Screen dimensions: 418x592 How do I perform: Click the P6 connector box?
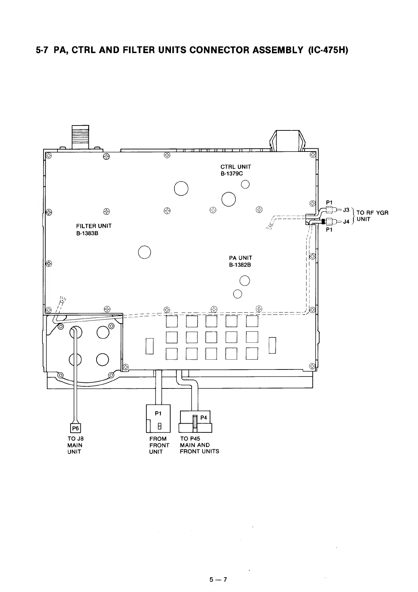point(75,428)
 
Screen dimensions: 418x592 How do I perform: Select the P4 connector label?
point(204,418)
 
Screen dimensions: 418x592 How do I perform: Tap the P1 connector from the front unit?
point(158,418)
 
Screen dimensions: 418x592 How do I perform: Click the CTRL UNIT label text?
point(235,167)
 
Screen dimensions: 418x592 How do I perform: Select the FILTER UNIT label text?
point(94,226)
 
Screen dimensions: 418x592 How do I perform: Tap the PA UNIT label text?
point(240,258)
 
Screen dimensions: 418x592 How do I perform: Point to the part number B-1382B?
point(240,265)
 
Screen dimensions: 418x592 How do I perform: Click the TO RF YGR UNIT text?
point(372,216)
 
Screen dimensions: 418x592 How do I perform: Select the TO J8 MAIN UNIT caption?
point(75,445)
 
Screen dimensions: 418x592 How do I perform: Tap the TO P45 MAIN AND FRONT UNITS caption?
point(199,445)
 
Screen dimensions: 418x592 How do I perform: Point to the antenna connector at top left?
point(80,137)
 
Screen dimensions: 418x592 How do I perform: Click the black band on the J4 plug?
point(323,221)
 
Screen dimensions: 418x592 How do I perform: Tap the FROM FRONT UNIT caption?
point(159,445)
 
